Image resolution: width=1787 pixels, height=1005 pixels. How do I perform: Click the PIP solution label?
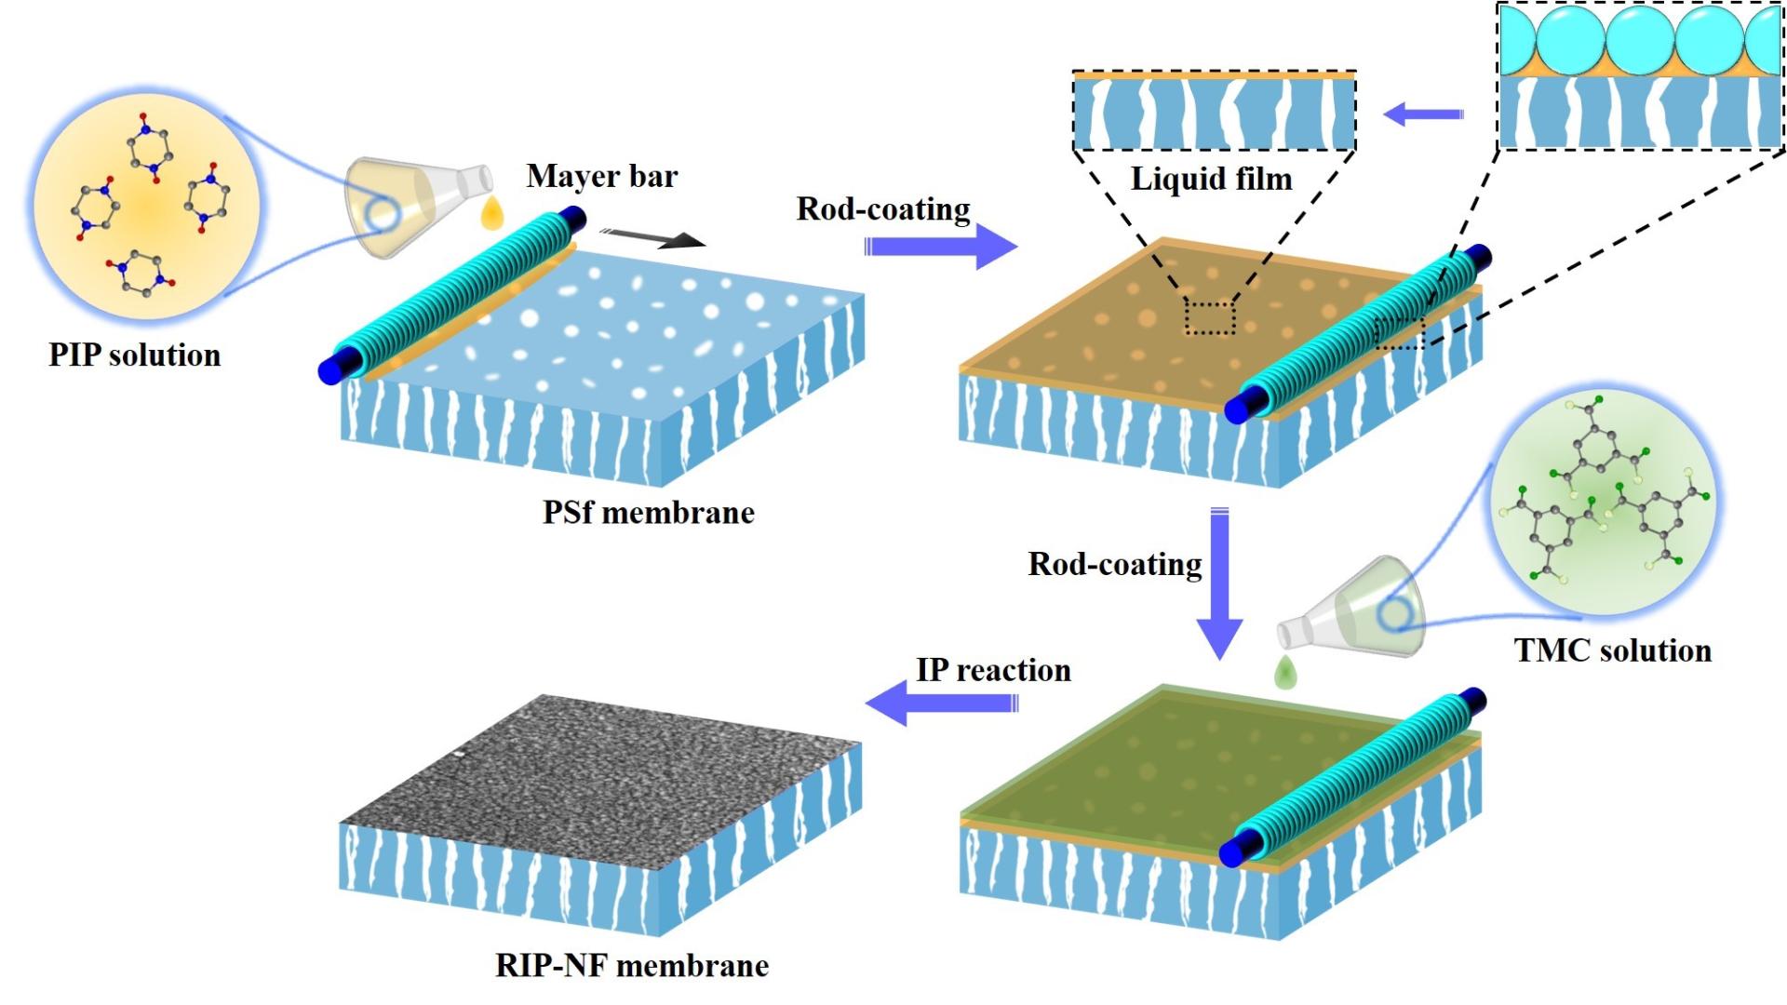[135, 355]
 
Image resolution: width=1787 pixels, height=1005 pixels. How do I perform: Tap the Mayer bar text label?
[602, 176]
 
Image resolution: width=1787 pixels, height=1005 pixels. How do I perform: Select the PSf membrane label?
[648, 513]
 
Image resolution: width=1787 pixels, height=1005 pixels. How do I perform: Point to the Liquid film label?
[1211, 179]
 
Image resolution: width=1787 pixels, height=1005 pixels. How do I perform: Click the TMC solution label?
[1612, 650]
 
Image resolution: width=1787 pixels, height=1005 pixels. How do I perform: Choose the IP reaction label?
[993, 670]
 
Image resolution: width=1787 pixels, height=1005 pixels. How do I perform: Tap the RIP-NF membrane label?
[632, 966]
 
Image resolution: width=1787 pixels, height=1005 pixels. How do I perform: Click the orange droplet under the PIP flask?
[491, 215]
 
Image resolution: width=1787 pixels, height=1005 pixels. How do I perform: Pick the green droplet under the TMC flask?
[1286, 672]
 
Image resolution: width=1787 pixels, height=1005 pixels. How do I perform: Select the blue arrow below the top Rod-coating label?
[940, 247]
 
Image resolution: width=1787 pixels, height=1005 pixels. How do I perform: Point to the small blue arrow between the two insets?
[1423, 114]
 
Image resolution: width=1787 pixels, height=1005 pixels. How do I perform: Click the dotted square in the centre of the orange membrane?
[1210, 316]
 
